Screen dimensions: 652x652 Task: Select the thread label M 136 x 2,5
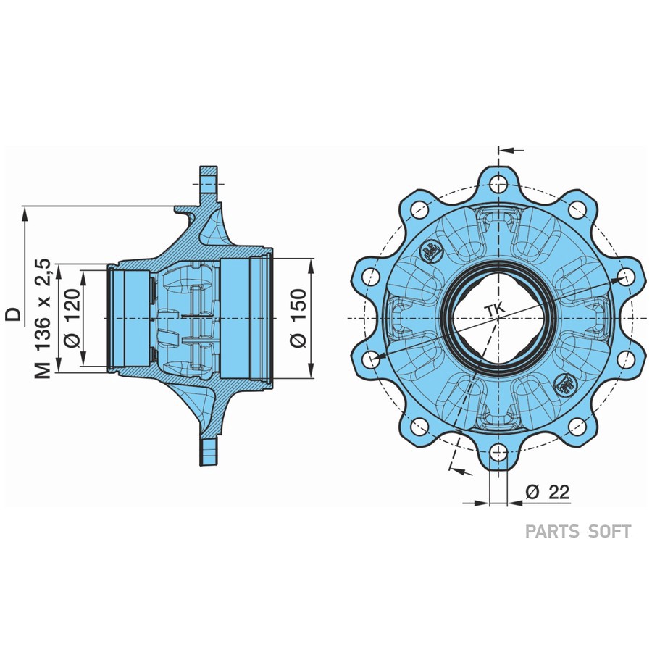pos(44,319)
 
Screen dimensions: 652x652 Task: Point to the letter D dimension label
pos(14,313)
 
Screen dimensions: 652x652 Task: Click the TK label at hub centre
pos(496,311)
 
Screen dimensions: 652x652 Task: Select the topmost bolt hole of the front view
pos(498,182)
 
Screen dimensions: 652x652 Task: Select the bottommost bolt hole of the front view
pos(498,454)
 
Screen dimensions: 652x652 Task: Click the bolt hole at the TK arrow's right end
pos(626,276)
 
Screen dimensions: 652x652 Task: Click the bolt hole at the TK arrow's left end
pos(370,358)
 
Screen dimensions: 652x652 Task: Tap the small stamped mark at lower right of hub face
pos(564,384)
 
